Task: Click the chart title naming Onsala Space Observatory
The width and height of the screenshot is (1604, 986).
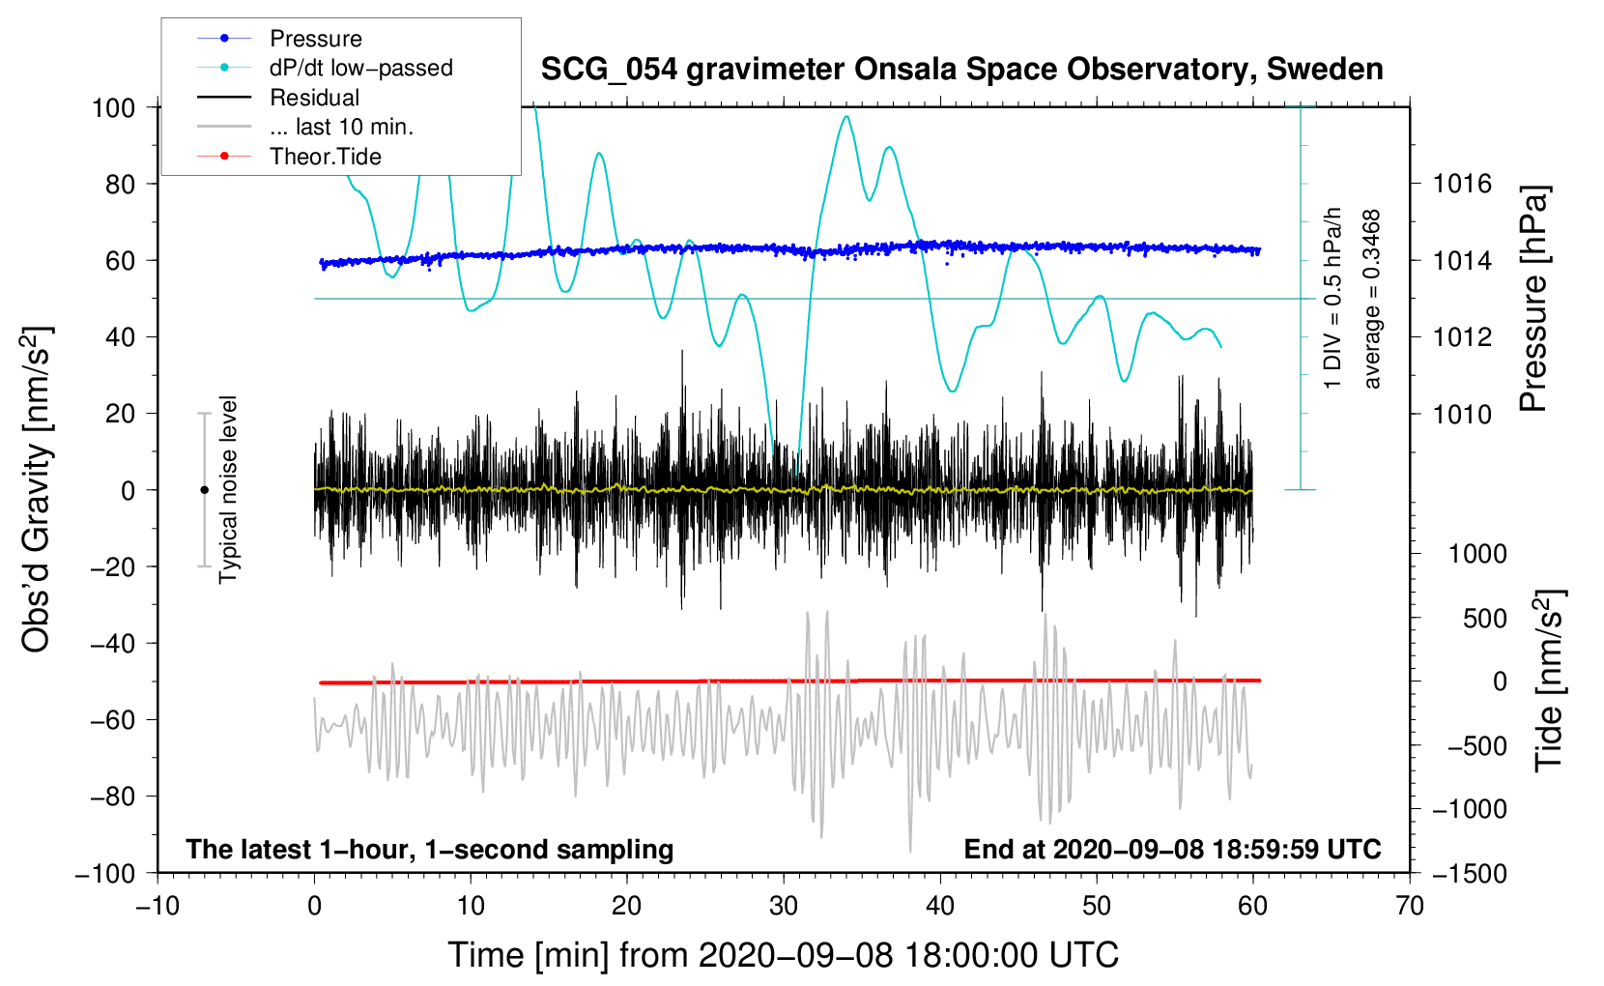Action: point(961,70)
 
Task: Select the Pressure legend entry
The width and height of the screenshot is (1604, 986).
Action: point(315,39)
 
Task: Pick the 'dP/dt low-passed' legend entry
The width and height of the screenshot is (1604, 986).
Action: point(360,68)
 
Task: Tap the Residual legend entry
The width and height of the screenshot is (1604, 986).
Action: point(314,98)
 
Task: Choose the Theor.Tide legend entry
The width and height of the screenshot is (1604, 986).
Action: point(325,157)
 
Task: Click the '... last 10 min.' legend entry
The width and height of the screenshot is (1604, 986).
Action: point(341,127)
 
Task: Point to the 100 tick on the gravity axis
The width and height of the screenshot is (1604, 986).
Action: point(113,107)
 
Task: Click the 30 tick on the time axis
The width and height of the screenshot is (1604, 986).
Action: point(784,906)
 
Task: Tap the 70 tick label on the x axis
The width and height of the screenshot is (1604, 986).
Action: point(1410,906)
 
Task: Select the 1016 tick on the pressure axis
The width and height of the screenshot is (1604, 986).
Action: point(1462,184)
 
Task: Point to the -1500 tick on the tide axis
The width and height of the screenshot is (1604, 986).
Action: point(1469,873)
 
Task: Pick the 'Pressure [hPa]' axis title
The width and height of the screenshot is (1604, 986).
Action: point(1533,299)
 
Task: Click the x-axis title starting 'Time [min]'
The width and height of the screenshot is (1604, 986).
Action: point(784,955)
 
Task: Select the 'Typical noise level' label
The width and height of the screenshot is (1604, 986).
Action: point(228,489)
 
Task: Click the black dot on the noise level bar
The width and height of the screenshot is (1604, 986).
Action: point(204,490)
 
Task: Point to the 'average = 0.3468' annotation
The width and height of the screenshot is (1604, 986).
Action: point(1372,299)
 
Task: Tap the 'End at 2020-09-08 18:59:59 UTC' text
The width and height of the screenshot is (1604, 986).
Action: point(1172,849)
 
